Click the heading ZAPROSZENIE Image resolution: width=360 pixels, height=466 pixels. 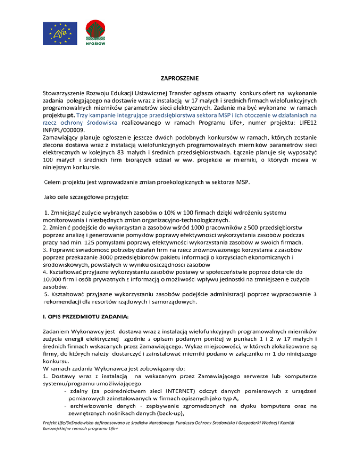[x=180, y=80]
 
